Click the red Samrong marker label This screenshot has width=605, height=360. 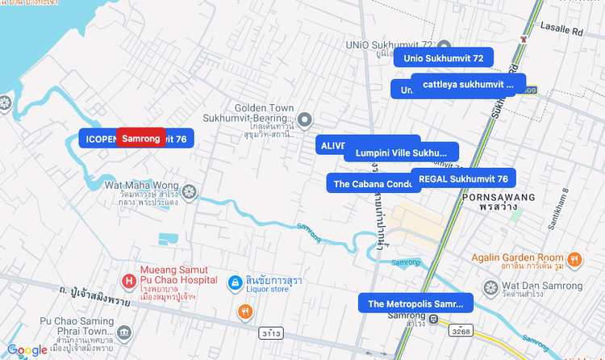(141, 139)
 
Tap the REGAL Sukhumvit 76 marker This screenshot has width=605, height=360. (463, 178)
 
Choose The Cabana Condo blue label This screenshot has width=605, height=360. (373, 184)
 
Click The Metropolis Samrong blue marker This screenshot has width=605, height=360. (415, 304)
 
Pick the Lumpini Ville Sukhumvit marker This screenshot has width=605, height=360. (401, 152)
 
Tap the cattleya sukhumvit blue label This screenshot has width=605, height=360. (468, 84)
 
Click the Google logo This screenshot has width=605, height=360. (27, 350)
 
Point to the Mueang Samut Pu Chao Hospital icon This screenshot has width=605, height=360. (127, 281)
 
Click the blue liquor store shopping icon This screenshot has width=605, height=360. (235, 282)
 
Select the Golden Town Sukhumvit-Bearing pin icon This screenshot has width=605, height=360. (305, 120)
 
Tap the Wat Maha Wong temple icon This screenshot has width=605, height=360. (190, 192)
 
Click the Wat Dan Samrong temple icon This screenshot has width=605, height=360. (490, 287)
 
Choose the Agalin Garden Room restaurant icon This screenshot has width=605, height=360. (574, 259)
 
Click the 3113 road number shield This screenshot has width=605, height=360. (270, 333)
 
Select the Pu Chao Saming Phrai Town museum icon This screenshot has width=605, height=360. (123, 333)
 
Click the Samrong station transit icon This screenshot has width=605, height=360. (434, 320)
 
